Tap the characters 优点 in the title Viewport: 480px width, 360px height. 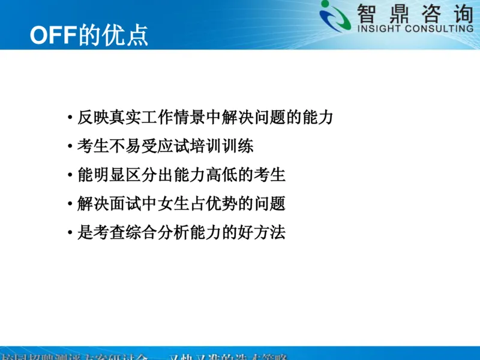click(x=126, y=35)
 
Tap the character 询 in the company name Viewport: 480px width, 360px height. click(x=460, y=12)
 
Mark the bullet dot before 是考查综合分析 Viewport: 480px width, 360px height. click(x=71, y=233)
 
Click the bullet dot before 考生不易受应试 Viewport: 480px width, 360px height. click(x=71, y=146)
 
